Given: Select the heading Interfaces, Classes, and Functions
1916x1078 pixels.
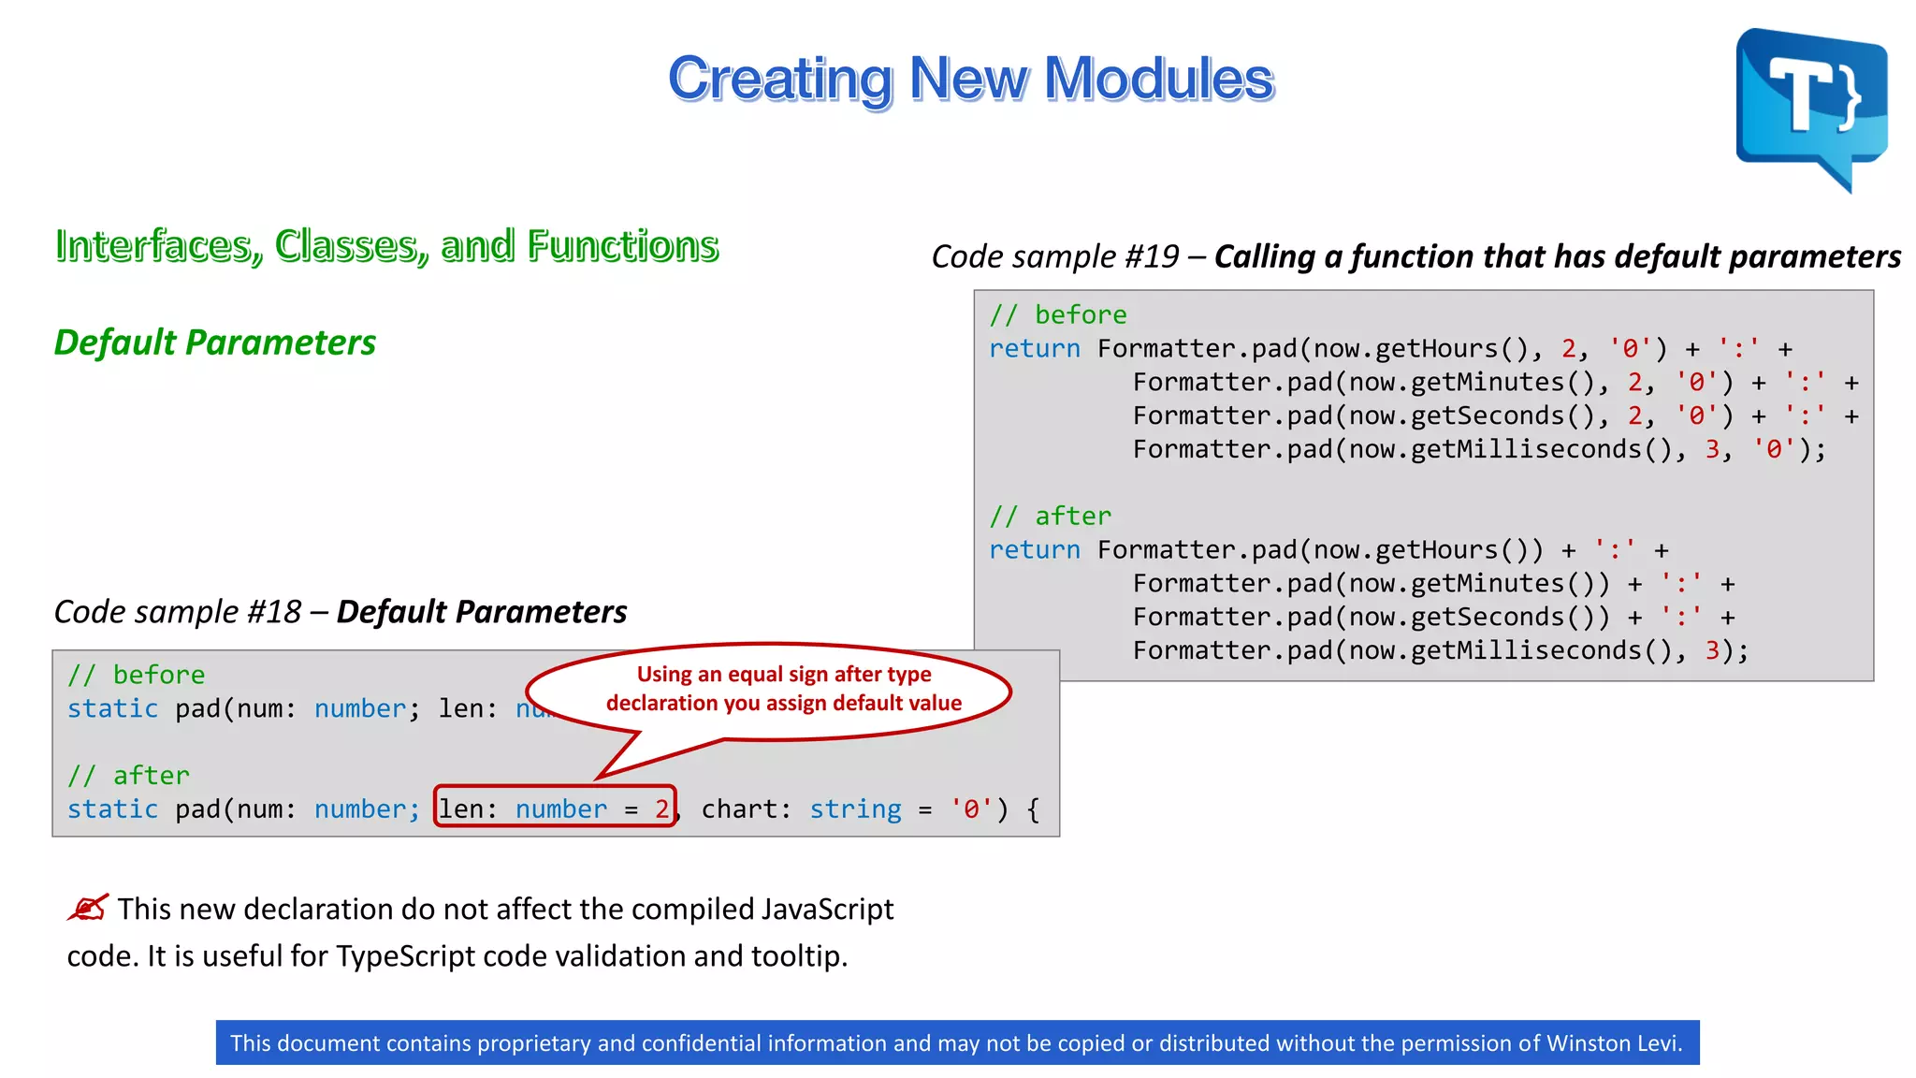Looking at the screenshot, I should [x=386, y=246].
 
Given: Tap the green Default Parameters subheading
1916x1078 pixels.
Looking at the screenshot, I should [x=215, y=342].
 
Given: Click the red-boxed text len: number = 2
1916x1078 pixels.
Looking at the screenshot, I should [x=555, y=808].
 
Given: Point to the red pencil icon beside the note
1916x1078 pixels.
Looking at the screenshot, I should [x=89, y=908].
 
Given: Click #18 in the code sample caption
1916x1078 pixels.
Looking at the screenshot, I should [x=273, y=612].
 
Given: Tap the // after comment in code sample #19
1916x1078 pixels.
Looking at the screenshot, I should [x=1051, y=517].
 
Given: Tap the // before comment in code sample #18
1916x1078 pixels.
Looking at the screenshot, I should [x=137, y=675].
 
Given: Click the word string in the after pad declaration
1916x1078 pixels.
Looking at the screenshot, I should [x=855, y=809].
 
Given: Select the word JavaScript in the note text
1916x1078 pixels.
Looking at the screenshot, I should [x=827, y=910].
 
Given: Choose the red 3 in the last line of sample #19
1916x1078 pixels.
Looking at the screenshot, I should [x=1712, y=650].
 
